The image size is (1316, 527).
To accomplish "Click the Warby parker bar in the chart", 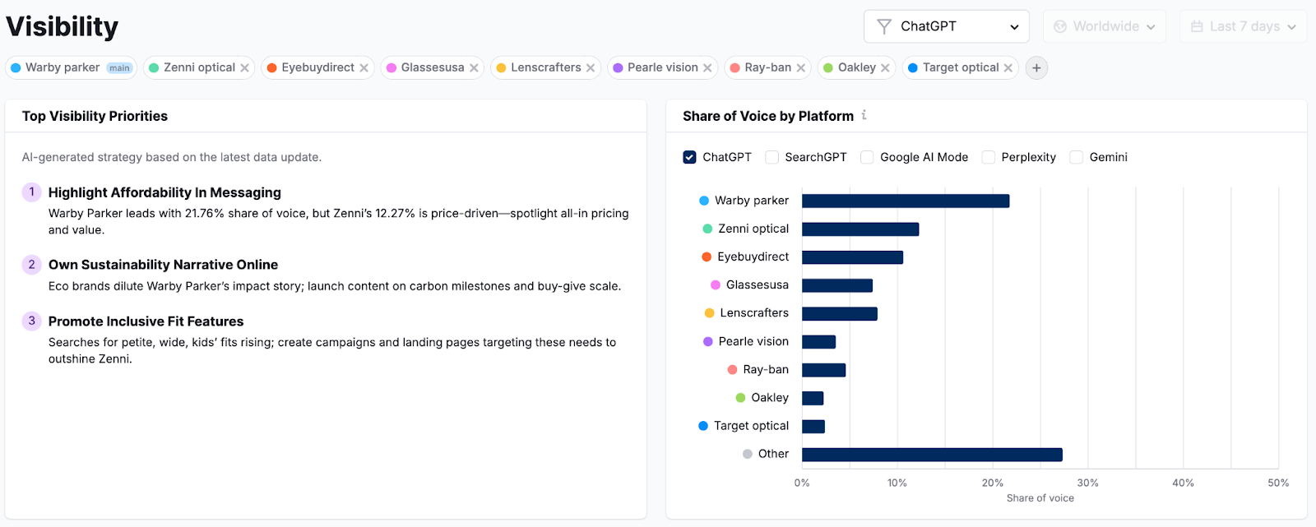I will point(905,201).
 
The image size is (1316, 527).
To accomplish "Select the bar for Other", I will point(932,455).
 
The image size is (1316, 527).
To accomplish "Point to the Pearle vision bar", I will point(818,342).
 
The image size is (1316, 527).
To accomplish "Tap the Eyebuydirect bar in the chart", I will point(852,257).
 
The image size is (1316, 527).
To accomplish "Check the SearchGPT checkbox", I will point(772,157).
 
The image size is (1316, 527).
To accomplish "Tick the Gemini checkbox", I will point(1076,157).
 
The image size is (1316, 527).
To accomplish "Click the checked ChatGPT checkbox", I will point(689,157).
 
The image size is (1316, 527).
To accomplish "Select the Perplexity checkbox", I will point(989,157).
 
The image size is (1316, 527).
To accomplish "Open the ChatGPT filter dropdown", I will point(946,26).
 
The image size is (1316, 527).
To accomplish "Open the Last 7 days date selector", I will point(1243,26).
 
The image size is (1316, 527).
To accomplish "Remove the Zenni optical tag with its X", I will point(244,68).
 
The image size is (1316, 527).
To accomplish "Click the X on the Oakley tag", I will point(885,68).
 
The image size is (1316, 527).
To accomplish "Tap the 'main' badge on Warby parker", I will point(120,68).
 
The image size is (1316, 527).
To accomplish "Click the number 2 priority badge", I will point(31,264).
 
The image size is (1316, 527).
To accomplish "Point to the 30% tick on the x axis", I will point(1087,483).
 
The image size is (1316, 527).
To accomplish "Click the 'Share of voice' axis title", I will point(1040,498).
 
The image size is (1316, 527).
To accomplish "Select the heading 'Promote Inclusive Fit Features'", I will point(146,321).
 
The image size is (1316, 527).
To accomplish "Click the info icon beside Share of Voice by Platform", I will point(864,115).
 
